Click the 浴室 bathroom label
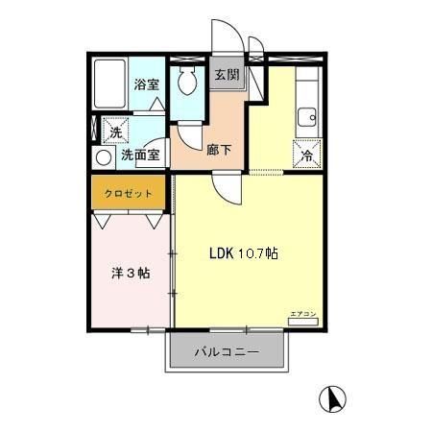[146, 84]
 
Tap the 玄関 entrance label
[227, 75]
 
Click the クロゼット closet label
[130, 193]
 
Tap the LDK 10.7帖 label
[245, 254]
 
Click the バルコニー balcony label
[228, 352]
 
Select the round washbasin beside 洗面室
[103, 156]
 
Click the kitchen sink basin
[308, 119]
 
